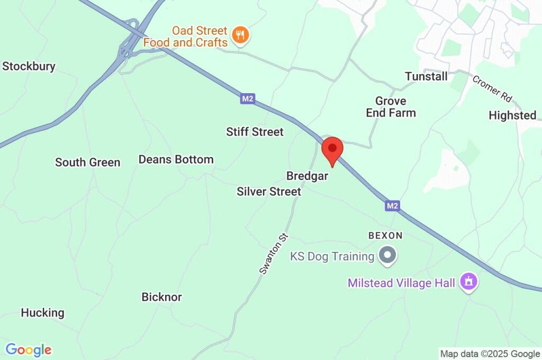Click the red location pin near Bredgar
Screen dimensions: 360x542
click(x=332, y=150)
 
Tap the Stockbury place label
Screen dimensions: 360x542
click(x=29, y=67)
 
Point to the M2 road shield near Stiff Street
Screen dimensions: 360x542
click(x=247, y=98)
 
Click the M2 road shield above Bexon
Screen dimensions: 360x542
click(x=392, y=205)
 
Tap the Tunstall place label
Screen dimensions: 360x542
click(x=426, y=77)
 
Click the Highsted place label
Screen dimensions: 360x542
click(x=512, y=115)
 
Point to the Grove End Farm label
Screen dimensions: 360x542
click(x=391, y=107)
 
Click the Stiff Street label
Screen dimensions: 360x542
click(x=255, y=132)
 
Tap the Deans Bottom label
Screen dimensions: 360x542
click(x=176, y=159)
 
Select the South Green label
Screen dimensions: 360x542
click(x=88, y=163)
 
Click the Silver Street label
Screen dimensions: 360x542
click(x=269, y=192)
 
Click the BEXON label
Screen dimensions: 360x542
click(x=385, y=236)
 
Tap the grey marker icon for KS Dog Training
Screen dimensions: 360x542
click(x=389, y=256)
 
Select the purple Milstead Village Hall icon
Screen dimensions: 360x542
click(x=468, y=282)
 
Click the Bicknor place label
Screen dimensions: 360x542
click(x=161, y=297)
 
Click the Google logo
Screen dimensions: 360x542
click(x=29, y=350)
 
